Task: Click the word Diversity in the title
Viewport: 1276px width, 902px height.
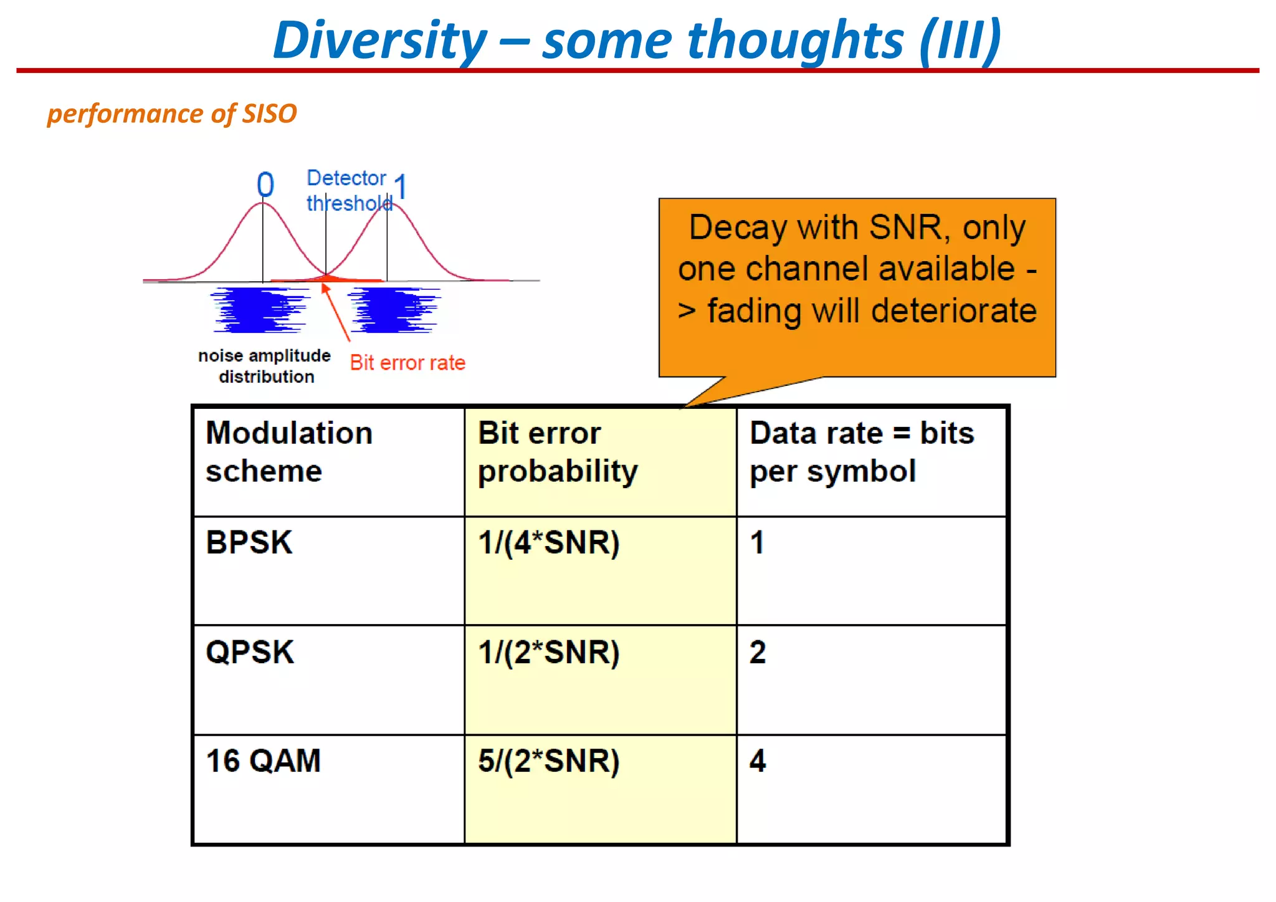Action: tap(380, 41)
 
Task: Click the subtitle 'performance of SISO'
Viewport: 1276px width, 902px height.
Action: tap(172, 114)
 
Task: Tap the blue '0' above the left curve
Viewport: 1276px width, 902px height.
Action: tap(265, 185)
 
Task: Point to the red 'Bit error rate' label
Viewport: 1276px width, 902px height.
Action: tap(407, 363)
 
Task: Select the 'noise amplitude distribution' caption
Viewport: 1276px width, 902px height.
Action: tap(265, 366)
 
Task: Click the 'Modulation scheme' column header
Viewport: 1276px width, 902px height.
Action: tap(289, 452)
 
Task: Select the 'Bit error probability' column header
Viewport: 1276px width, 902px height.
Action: tap(558, 452)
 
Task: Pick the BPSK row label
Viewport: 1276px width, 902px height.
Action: tap(249, 542)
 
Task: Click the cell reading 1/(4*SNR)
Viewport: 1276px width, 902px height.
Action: tap(548, 542)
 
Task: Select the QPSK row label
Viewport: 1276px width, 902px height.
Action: tap(250, 652)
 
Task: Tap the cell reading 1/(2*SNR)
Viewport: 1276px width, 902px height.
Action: tap(548, 652)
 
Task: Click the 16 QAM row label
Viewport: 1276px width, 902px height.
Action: tap(264, 761)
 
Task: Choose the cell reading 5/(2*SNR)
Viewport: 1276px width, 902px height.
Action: tap(548, 761)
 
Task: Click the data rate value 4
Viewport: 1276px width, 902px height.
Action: tap(758, 761)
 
